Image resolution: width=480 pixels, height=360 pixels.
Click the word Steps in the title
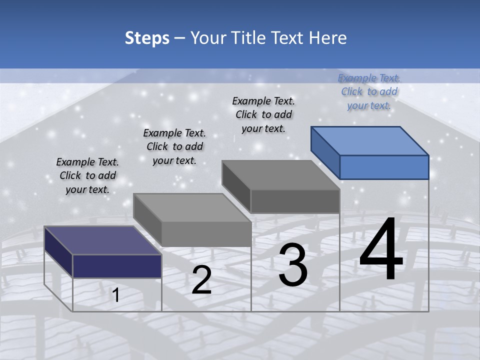(x=147, y=38)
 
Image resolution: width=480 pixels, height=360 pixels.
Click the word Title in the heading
(x=247, y=38)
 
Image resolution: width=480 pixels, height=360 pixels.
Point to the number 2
(x=201, y=280)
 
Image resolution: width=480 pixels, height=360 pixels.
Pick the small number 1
(x=116, y=295)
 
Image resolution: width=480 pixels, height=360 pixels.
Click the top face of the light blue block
(x=369, y=140)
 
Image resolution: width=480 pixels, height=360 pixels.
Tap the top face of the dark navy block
(x=103, y=240)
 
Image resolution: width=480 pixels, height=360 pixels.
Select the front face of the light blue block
(x=384, y=167)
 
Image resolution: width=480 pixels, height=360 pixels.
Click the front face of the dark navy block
(x=117, y=266)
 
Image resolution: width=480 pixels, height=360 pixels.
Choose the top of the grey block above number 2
(x=192, y=207)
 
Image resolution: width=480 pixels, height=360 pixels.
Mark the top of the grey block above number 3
(x=280, y=174)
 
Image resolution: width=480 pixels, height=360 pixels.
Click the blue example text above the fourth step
(x=369, y=91)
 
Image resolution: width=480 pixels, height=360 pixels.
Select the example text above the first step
(x=87, y=175)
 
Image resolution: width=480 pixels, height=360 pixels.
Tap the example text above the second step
(x=174, y=146)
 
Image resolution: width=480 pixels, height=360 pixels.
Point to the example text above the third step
(x=263, y=114)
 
